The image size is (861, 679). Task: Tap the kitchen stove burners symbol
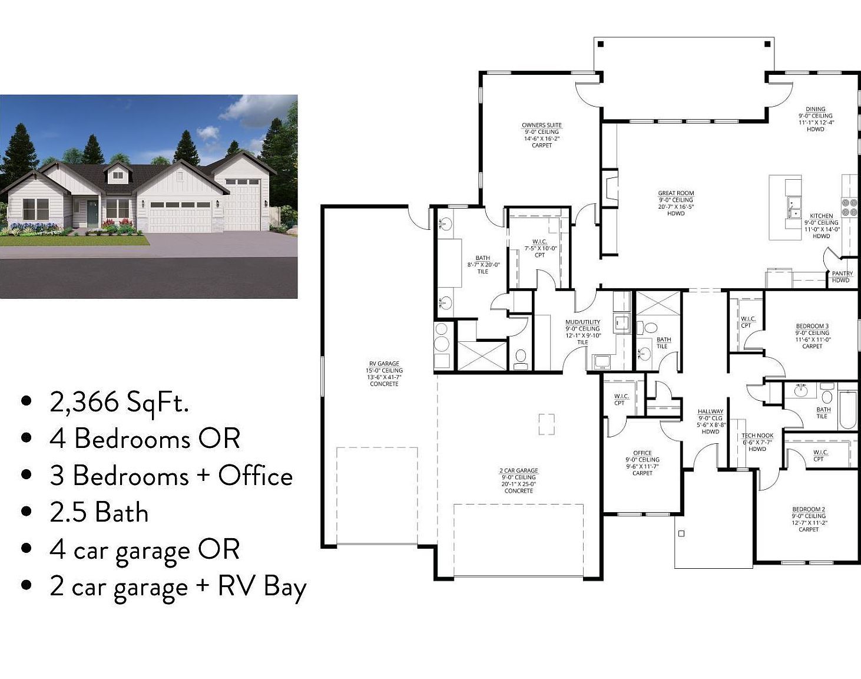tap(849, 207)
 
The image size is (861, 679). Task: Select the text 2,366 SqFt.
tap(120, 403)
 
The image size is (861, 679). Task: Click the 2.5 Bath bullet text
tap(99, 512)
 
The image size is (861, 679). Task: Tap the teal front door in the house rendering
tap(92, 213)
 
